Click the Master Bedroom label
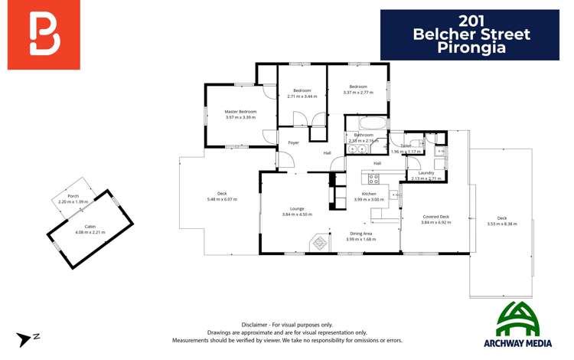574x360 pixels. (x=240, y=112)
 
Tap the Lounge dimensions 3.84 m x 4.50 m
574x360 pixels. (x=297, y=214)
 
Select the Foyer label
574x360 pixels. (x=293, y=143)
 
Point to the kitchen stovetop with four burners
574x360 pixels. (x=373, y=178)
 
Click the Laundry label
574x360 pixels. (x=426, y=173)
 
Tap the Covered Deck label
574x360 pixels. (x=435, y=217)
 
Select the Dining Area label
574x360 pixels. (x=361, y=234)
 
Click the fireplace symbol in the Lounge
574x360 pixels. (x=318, y=244)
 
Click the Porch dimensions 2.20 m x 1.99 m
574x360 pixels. (x=73, y=201)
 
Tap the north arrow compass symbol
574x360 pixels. (x=30, y=339)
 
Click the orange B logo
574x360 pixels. (x=44, y=34)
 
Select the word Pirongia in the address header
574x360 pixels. (x=471, y=47)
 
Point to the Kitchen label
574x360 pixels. (x=369, y=194)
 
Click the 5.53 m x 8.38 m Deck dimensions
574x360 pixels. (x=502, y=224)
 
